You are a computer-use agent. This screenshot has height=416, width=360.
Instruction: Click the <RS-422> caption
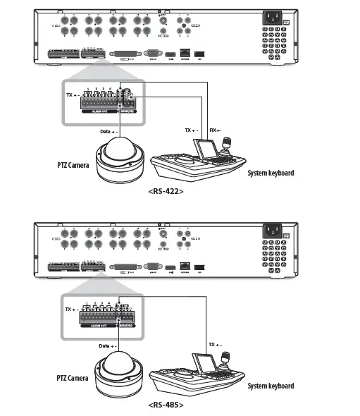pyautogui.click(x=166, y=190)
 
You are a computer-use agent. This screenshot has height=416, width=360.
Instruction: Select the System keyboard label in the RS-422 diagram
pyautogui.click(x=270, y=173)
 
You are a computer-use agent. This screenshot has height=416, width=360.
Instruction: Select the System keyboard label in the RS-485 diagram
pyautogui.click(x=270, y=386)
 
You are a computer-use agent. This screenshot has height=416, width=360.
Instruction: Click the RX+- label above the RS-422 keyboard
pyautogui.click(x=216, y=130)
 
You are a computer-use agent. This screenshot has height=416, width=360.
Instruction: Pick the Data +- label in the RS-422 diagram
pyautogui.click(x=108, y=131)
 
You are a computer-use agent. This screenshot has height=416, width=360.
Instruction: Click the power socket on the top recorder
pyautogui.click(x=273, y=20)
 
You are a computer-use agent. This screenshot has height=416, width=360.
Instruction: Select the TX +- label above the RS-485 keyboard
pyautogui.click(x=216, y=344)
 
